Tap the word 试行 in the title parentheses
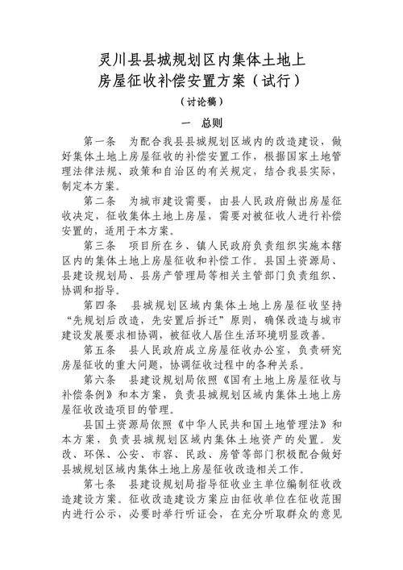coord(276,81)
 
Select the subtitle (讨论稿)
coord(201,102)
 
